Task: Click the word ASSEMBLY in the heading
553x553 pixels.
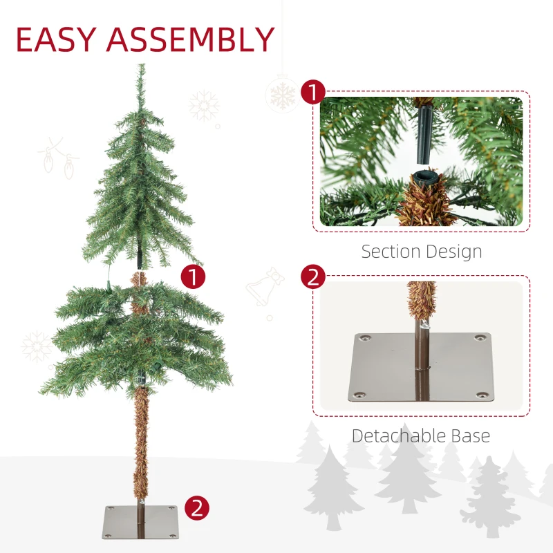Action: tap(191, 39)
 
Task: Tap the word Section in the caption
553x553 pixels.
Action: tap(391, 252)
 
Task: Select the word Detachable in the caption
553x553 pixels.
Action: tap(398, 435)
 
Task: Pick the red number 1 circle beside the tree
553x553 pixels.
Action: tap(193, 277)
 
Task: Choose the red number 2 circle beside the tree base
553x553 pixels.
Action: tap(197, 508)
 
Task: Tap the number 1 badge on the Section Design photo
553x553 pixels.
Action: tap(313, 93)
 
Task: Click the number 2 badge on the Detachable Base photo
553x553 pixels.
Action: tap(313, 277)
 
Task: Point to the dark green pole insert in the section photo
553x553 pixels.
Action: tap(424, 135)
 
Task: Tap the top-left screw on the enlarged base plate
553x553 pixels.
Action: tap(364, 338)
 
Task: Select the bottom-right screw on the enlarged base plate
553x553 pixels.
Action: tap(479, 395)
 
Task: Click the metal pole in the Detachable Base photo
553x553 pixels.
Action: tap(422, 360)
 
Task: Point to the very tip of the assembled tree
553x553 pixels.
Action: tap(142, 64)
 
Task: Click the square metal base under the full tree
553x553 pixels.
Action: tap(140, 522)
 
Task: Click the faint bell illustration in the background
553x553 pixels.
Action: tap(265, 286)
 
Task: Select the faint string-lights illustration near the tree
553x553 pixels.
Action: tap(58, 158)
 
